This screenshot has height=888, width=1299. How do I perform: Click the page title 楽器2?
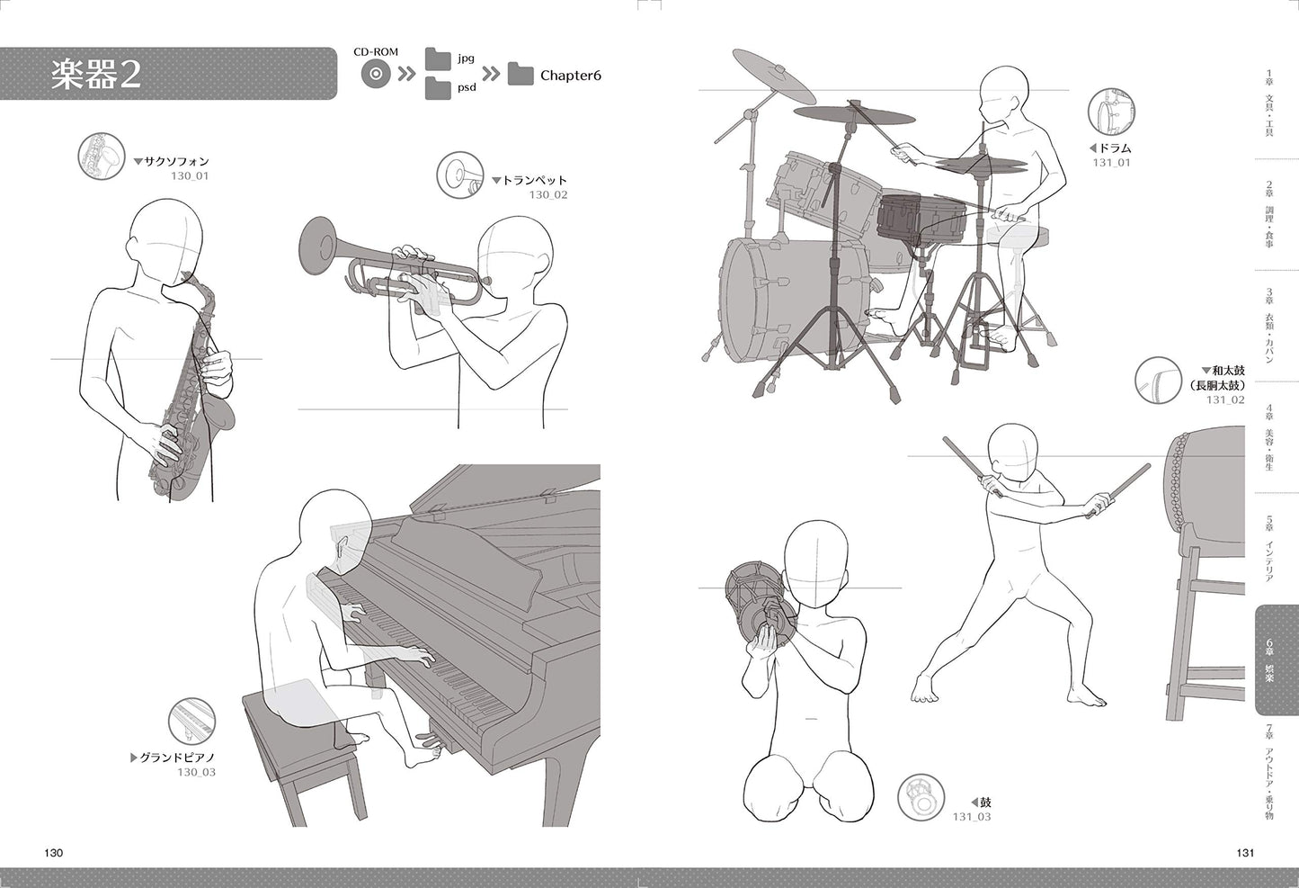pos(96,75)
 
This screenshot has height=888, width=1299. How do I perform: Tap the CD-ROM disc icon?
pos(376,75)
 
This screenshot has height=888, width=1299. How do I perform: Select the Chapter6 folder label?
pos(571,76)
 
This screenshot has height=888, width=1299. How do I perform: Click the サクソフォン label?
pos(177,161)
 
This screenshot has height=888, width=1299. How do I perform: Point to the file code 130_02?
pos(548,195)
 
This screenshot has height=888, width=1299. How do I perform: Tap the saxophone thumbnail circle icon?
pos(102,156)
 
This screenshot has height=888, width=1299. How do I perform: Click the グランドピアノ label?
pos(177,758)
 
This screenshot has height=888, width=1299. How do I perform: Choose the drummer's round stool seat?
pos(1018,234)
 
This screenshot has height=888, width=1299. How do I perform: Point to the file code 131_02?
pos(1225,399)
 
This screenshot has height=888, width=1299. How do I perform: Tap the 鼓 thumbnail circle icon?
pos(921,797)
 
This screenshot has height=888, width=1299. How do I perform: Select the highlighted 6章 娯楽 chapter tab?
pos(1276,660)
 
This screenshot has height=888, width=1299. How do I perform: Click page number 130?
pos(53,853)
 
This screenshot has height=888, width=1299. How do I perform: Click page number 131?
pos(1245,853)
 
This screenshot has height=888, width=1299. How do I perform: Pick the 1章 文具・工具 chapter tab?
pos(1269,103)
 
